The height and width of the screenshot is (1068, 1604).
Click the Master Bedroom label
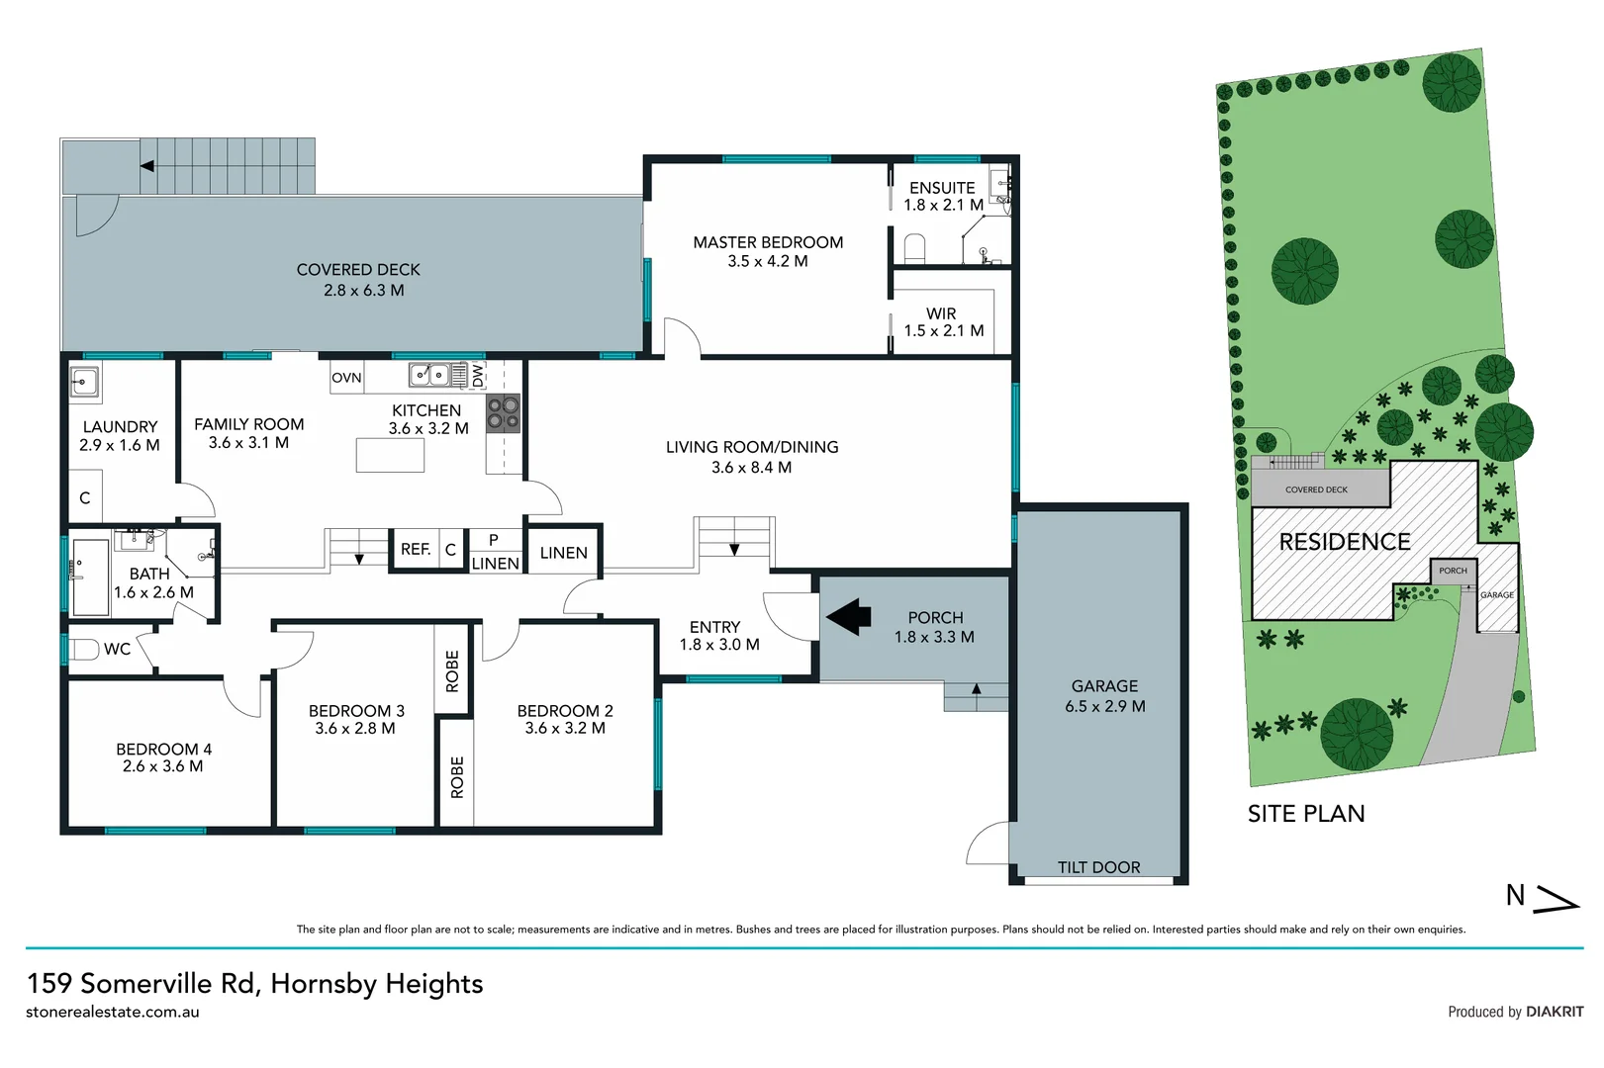point(768,242)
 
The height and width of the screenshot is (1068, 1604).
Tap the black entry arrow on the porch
point(849,618)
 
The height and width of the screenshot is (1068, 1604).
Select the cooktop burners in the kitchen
point(503,413)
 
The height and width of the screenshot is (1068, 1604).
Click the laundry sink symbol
point(84,381)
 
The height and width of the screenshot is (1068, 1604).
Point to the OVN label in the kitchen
point(346,378)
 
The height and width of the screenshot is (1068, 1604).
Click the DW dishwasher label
point(478,376)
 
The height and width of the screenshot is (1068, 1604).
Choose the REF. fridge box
point(416,550)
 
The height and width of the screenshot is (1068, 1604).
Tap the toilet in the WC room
point(83,650)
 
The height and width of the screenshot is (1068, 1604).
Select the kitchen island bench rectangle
point(390,455)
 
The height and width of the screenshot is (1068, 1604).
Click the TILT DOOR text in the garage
point(1098,867)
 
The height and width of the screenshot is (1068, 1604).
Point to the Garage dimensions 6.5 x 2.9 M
point(1104,706)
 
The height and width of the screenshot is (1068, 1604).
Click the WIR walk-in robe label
point(941,313)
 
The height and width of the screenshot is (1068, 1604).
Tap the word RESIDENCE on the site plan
point(1344,542)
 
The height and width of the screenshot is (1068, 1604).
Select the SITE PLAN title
point(1305,814)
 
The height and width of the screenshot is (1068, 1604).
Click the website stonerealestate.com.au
point(113,1012)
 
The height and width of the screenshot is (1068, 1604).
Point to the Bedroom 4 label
point(163,750)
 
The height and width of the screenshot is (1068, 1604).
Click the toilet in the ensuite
point(914,248)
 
